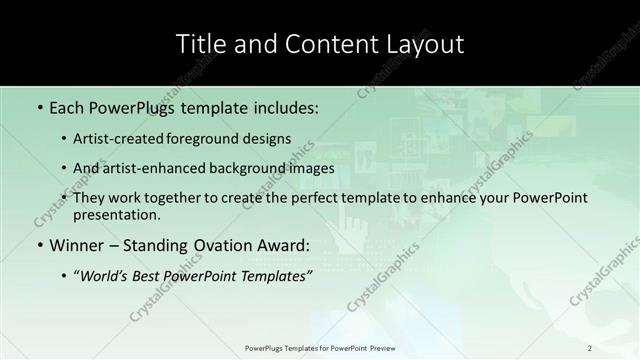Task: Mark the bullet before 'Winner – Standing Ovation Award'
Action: tap(39, 246)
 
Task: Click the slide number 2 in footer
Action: tap(590, 347)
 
